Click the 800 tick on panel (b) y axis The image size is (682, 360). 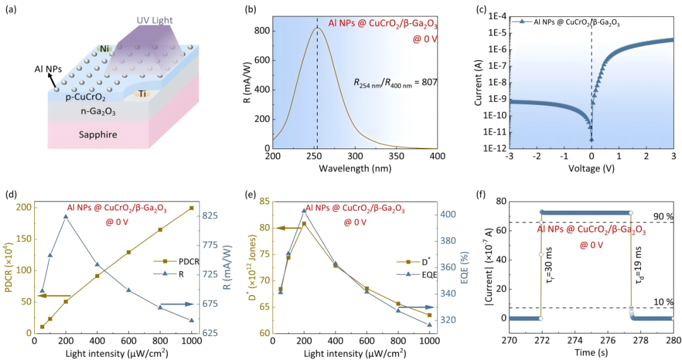[262, 31]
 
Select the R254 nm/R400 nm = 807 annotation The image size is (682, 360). [394, 82]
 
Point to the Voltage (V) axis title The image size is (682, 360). [591, 169]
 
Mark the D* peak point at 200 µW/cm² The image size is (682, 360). [304, 224]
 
